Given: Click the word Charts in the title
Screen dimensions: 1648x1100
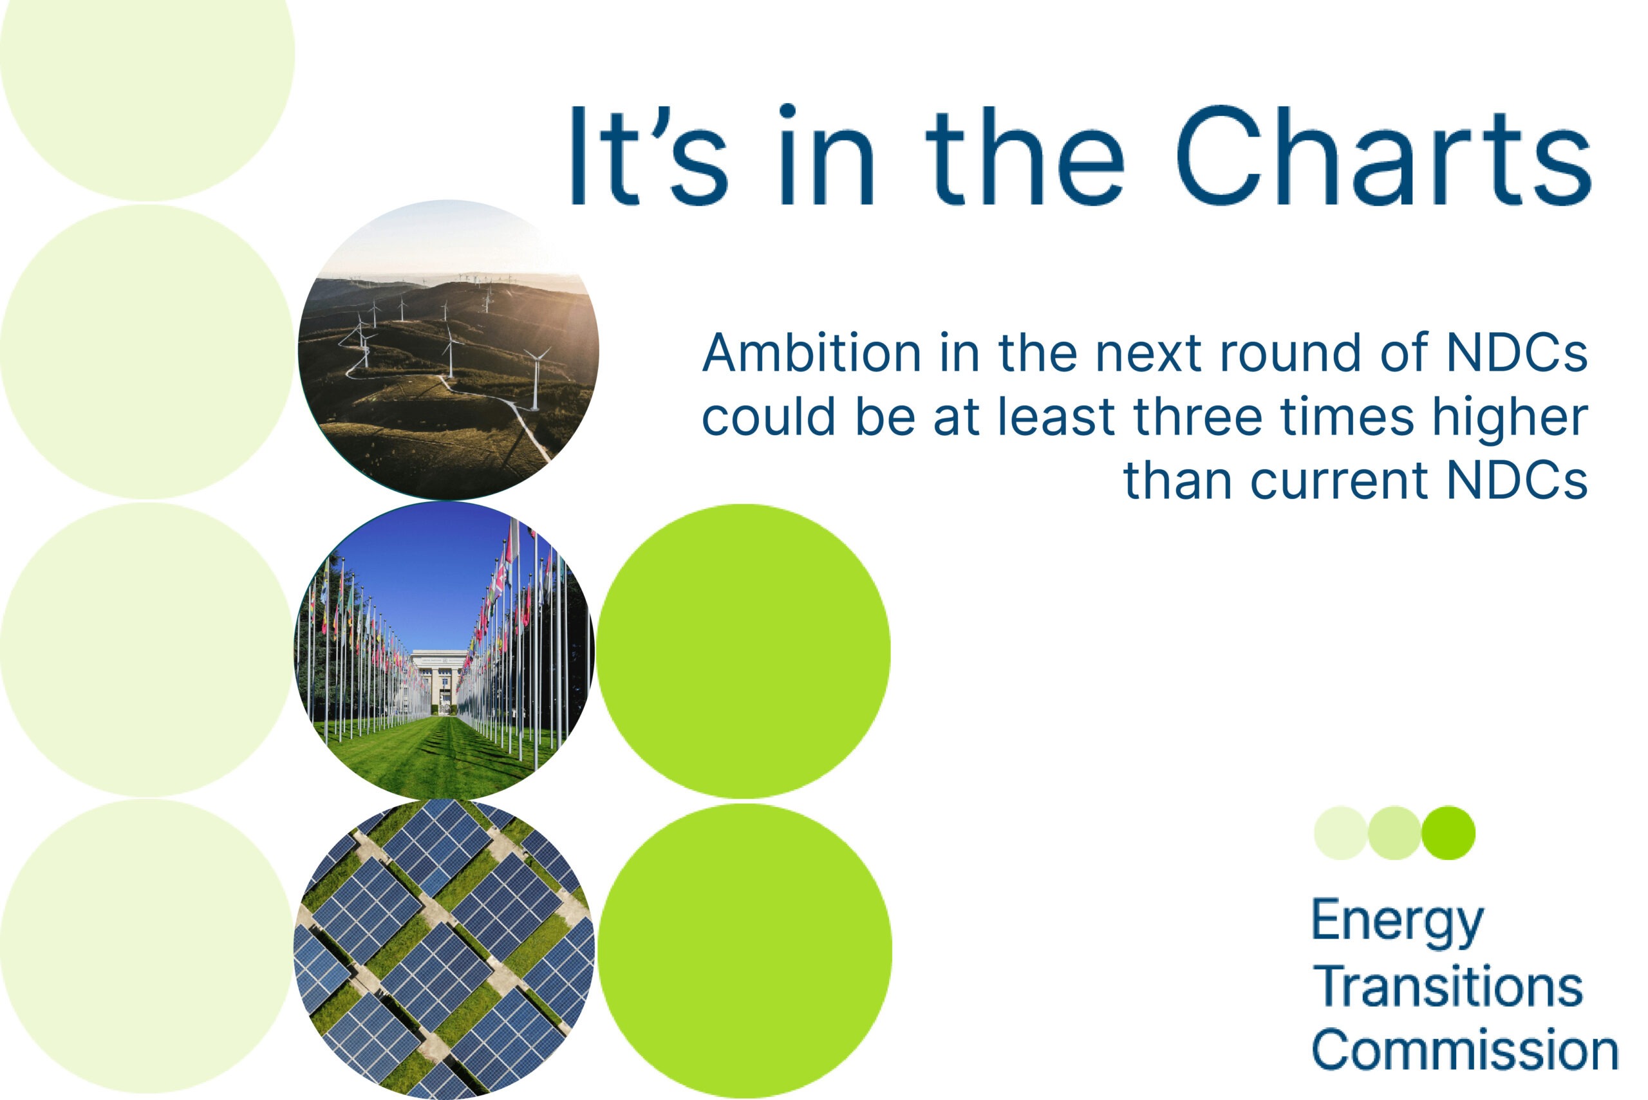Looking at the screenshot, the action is [x=1383, y=155].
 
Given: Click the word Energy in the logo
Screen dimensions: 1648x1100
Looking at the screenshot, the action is [x=1398, y=923].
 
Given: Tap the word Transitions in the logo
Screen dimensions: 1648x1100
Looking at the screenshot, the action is [x=1448, y=986].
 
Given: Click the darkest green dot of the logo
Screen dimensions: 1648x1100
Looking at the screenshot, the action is [x=1448, y=833].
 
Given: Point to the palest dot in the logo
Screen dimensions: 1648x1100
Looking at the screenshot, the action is [x=1341, y=833].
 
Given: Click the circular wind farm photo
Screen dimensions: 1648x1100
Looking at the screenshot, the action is [x=448, y=350].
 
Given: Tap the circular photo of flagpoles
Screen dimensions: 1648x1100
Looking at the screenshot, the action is [x=444, y=650].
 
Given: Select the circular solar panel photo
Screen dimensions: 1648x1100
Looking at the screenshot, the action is [x=444, y=949].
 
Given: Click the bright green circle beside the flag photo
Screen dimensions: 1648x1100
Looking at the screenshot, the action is [x=744, y=651].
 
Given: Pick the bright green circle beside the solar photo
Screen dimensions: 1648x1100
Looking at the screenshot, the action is [x=744, y=951].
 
